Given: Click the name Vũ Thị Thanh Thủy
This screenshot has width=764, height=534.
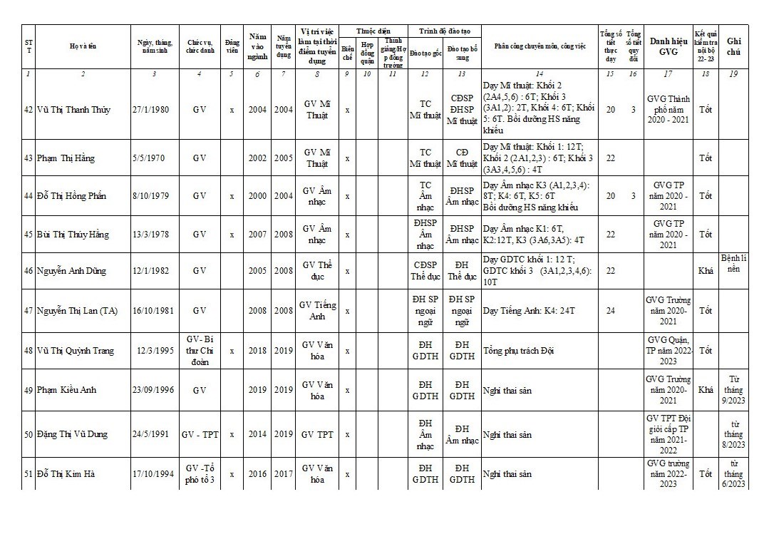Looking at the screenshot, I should (x=74, y=110).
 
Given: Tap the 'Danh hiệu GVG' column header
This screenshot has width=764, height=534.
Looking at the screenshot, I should (x=667, y=46).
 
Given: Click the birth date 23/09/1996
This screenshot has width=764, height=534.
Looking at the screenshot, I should (x=154, y=390).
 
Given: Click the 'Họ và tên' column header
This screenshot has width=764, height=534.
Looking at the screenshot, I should (x=83, y=46).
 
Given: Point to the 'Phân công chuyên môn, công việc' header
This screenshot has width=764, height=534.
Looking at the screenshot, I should (x=540, y=46).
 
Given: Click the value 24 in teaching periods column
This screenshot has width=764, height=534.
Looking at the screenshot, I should (x=610, y=311).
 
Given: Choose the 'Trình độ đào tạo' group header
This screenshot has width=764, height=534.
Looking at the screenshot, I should (x=445, y=31).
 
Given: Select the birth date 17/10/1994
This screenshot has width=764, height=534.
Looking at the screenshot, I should (x=153, y=473).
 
